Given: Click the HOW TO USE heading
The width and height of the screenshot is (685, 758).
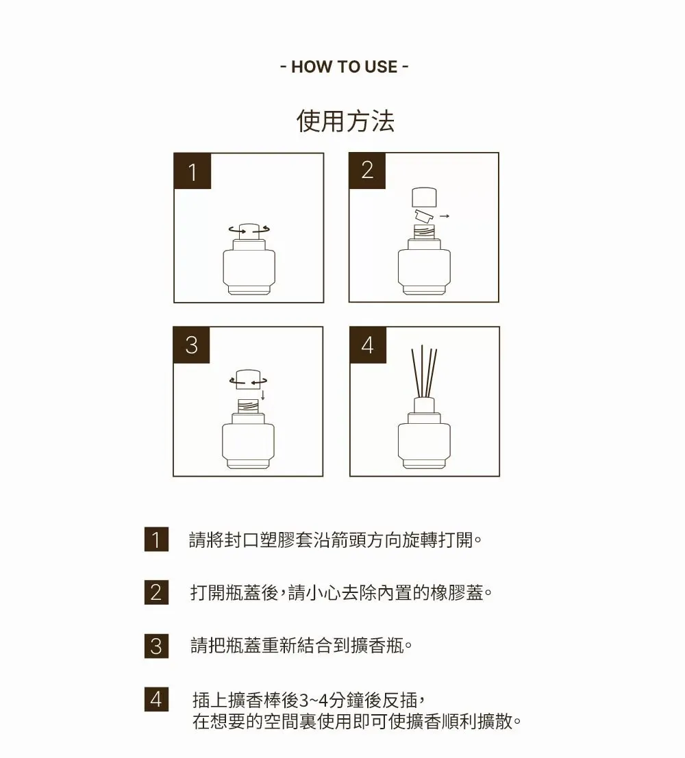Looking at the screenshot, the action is (x=344, y=66).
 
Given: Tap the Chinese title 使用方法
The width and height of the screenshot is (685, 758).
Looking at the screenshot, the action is (x=345, y=121).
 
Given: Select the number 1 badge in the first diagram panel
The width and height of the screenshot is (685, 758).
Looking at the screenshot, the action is (x=192, y=171).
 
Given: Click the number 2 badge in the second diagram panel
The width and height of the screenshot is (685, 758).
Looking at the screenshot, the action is (x=367, y=170).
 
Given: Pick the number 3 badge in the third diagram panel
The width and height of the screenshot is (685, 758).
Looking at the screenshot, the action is (x=192, y=344).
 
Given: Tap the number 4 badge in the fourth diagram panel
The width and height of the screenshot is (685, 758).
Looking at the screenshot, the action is (x=368, y=344).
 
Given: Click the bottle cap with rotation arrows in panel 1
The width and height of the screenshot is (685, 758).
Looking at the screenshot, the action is (x=249, y=231).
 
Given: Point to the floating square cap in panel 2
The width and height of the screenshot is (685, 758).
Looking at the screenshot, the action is (x=424, y=197).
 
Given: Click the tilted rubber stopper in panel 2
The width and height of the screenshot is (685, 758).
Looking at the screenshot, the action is (x=424, y=215).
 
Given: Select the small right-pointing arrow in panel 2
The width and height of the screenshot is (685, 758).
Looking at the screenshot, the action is (x=445, y=216).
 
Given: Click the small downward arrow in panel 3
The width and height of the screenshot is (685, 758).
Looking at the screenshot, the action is (x=262, y=394).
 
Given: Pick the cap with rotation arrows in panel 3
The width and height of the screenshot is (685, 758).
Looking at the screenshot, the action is (x=248, y=379).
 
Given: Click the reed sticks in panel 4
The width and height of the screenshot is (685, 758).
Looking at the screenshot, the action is (x=424, y=371).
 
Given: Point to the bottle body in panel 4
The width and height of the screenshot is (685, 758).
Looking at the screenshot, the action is (x=424, y=440).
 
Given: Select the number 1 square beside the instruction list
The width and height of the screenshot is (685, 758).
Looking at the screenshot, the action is (x=156, y=539).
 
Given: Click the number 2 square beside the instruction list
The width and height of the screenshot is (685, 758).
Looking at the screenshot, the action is (x=156, y=592).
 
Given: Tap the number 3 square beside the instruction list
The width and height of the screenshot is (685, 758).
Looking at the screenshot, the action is (x=156, y=646).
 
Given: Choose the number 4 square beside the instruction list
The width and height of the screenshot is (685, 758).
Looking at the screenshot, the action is (x=156, y=699).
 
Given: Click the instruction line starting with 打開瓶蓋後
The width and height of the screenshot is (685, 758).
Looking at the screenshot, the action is (x=341, y=592).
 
